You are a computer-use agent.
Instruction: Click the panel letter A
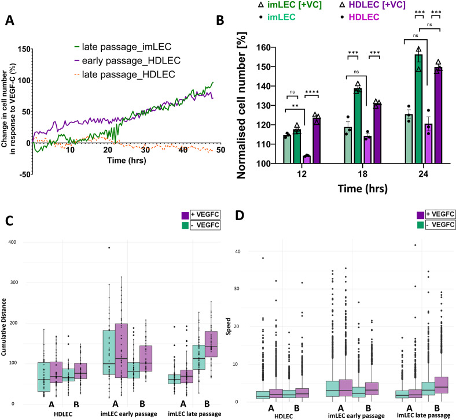(10, 20)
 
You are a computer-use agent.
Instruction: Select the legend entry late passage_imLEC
(123, 47)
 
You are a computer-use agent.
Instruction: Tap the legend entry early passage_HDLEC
(127, 61)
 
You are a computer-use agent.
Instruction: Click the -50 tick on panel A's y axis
(24, 174)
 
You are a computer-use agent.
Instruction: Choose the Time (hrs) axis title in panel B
(363, 188)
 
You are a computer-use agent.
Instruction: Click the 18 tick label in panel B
(363, 174)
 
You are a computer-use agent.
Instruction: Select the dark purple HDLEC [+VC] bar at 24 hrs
(438, 115)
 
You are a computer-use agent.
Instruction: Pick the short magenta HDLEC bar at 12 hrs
(307, 159)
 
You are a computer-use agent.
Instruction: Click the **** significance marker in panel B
(312, 92)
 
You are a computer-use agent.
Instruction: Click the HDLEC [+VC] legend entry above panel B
(373, 5)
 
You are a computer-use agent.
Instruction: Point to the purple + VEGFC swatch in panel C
(185, 215)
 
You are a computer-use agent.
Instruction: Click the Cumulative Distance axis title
(4, 327)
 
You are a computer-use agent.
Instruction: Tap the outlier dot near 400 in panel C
(109, 248)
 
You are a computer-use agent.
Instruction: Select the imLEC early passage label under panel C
(129, 414)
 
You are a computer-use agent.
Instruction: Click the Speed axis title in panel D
(229, 326)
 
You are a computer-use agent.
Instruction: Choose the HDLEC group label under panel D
(284, 416)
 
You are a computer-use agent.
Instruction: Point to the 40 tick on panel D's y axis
(238, 252)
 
